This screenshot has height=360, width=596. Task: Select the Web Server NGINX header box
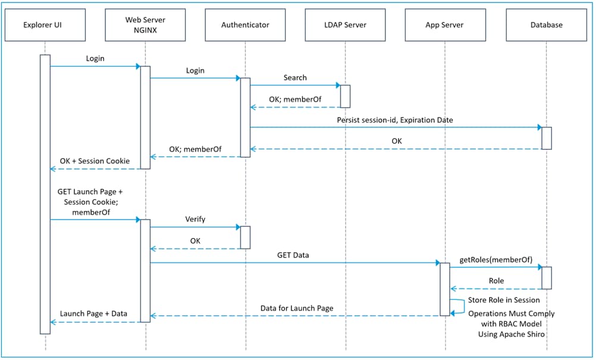click(x=145, y=25)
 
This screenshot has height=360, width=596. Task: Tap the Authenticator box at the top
click(x=245, y=25)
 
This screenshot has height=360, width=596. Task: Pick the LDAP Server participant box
click(x=345, y=25)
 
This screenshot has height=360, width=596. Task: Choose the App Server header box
click(x=444, y=25)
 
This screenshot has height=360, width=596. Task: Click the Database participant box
click(x=546, y=25)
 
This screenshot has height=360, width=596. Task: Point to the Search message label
click(x=295, y=77)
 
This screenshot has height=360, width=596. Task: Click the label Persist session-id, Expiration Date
click(x=395, y=120)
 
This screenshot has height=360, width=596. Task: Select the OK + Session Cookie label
click(x=95, y=161)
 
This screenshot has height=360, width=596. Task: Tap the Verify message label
click(x=195, y=219)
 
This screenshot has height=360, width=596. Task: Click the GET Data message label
click(x=293, y=255)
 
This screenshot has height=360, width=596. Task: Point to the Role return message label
click(x=496, y=281)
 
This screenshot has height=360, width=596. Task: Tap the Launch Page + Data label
click(x=94, y=314)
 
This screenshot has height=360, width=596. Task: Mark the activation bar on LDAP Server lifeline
click(x=345, y=96)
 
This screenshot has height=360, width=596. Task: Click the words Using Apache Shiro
click(x=512, y=334)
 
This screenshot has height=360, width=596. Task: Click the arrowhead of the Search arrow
click(x=337, y=85)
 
